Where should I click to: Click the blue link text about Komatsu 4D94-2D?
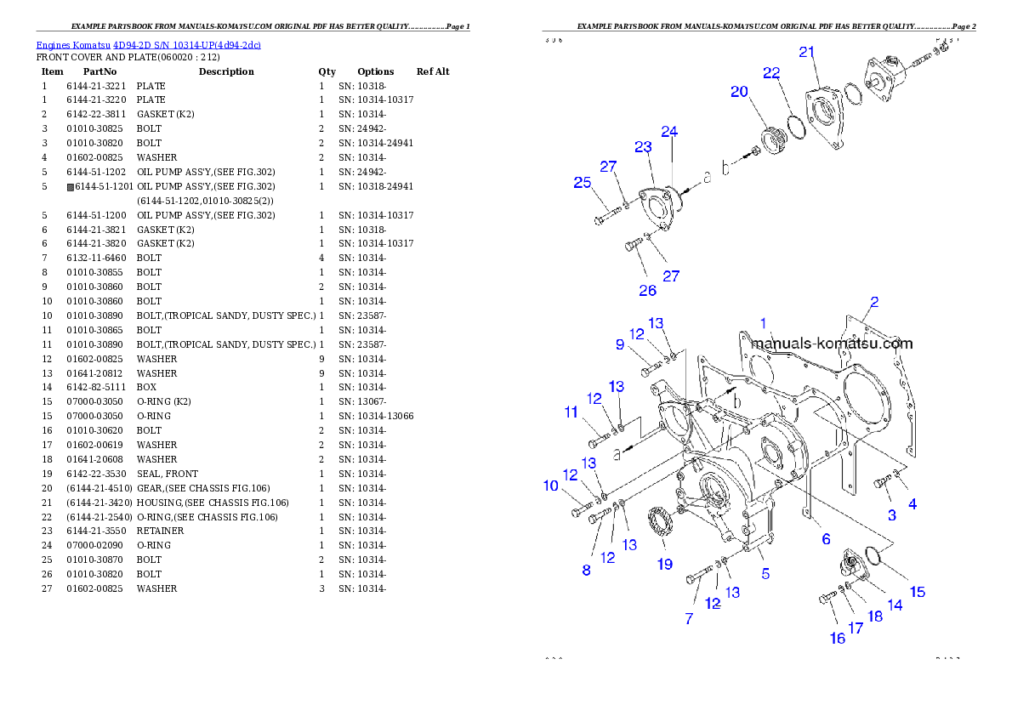coord(148,45)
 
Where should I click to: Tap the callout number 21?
coord(807,53)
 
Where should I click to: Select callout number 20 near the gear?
coord(739,92)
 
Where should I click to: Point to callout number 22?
coord(771,73)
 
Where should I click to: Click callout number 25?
coord(582,182)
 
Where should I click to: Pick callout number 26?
coord(648,290)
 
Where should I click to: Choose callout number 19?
coord(664,564)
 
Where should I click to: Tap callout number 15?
coord(918,592)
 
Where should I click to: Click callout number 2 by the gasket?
coord(873,302)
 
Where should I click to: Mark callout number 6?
coord(825,539)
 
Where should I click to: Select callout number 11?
coord(571,412)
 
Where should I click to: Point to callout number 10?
coord(551,486)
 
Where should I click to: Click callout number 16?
coord(838,638)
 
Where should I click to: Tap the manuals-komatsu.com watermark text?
coord(832,344)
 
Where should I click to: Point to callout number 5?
coord(765,573)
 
